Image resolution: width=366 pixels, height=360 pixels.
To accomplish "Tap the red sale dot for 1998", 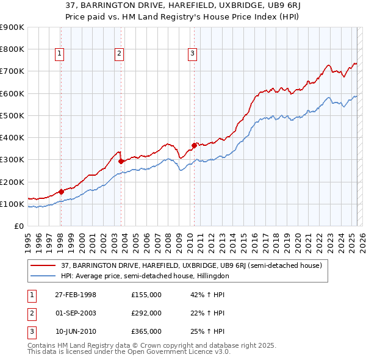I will click(x=61, y=192).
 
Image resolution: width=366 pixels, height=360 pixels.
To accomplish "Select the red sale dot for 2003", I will click(x=121, y=162).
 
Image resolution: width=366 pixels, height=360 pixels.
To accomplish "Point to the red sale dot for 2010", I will click(x=194, y=145).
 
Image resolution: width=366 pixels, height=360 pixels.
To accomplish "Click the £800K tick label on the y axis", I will click(x=12, y=49).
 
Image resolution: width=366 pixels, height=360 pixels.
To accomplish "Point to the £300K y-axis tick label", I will click(x=12, y=160).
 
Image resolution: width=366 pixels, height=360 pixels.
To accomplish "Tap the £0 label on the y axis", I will click(x=19, y=226).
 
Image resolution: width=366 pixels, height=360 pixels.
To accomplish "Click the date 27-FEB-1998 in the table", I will click(x=76, y=295).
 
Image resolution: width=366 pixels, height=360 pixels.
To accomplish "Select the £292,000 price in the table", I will click(x=146, y=313).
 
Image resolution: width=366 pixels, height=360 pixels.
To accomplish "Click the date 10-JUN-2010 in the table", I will click(x=76, y=331).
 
